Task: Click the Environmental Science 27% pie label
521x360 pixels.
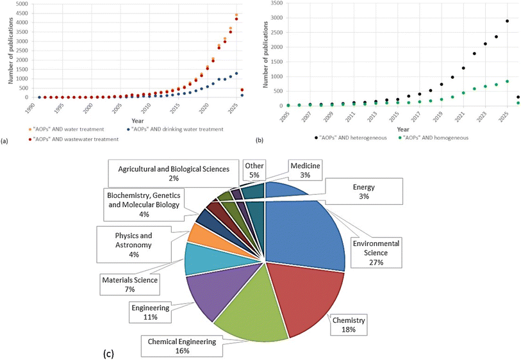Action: tap(376, 253)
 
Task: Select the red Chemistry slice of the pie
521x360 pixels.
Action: tap(309, 295)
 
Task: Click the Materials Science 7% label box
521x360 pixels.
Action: tap(130, 284)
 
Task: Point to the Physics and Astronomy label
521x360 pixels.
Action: tap(133, 245)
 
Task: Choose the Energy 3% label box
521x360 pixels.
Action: tap(364, 192)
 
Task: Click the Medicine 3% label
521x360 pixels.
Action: tap(305, 170)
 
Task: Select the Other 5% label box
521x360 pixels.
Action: tap(254, 170)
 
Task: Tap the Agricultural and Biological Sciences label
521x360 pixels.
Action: tap(174, 174)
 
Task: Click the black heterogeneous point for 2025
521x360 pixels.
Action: tap(507, 21)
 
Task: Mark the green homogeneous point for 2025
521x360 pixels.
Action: tap(507, 81)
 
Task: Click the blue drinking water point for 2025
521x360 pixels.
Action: tap(236, 74)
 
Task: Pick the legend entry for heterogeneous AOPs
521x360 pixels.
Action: tap(350, 138)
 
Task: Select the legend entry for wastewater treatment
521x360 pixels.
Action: tap(74, 140)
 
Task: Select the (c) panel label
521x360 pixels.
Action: tap(109, 354)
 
